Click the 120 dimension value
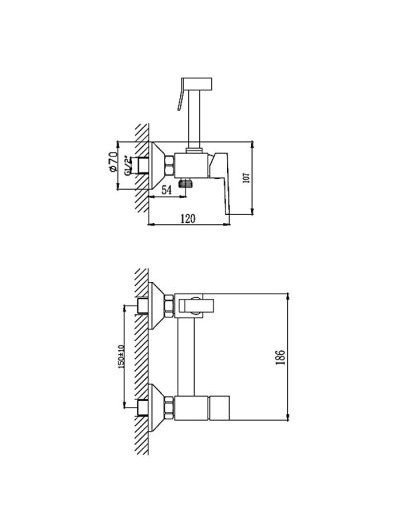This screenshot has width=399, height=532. tap(188, 219)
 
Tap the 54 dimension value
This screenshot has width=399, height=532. tap(166, 190)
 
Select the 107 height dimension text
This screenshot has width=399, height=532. tap(246, 177)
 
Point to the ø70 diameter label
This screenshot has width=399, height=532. tap(114, 161)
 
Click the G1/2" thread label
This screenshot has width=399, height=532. tap(127, 166)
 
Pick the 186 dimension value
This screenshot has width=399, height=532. tap(281, 357)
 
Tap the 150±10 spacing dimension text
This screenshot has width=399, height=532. tap(121, 357)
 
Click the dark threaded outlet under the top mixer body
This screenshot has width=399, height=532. tap(185, 184)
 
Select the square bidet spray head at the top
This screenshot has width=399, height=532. tap(197, 84)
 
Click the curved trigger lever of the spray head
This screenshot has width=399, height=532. tap(180, 99)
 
